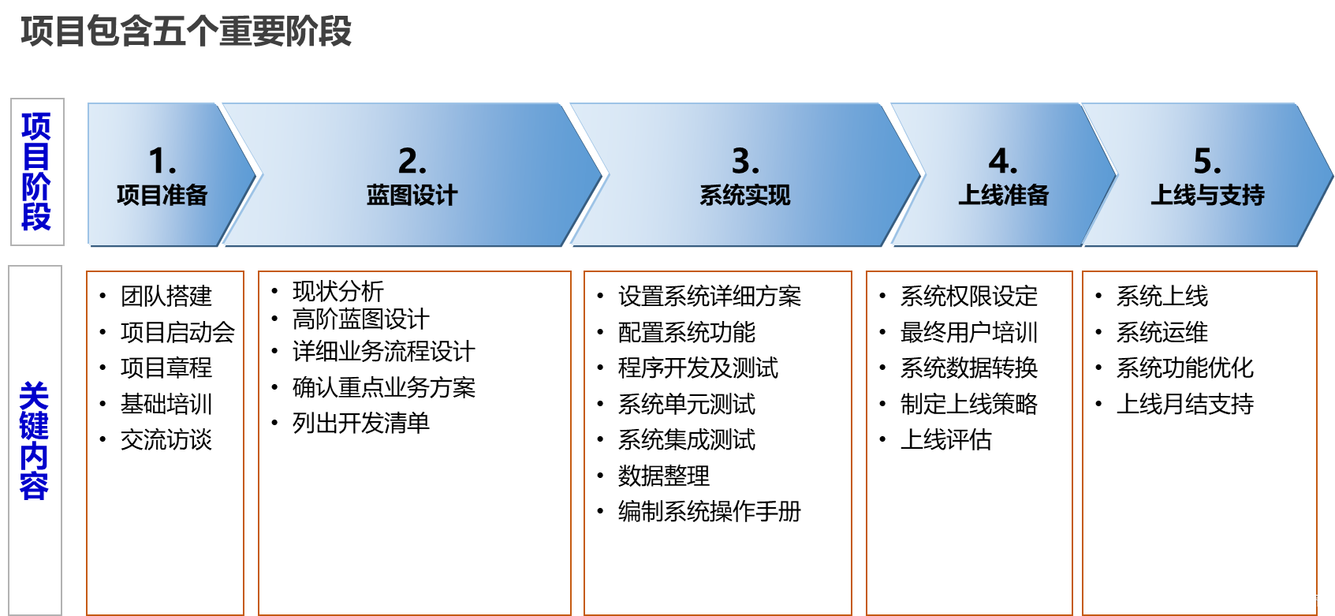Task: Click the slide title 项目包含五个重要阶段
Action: point(186,32)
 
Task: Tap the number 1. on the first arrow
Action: point(162,161)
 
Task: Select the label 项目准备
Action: point(162,195)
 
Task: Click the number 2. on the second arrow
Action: point(412,161)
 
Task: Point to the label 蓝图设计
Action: point(412,195)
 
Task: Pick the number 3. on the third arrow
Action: point(745,161)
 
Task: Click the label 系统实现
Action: point(745,195)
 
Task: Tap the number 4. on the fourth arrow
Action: point(1002,161)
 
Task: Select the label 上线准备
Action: point(1003,195)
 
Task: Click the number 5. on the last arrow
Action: point(1206,161)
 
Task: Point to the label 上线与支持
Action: point(1207,195)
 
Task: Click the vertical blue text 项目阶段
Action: point(36,171)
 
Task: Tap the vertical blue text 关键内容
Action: point(34,440)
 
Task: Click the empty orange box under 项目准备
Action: point(165,442)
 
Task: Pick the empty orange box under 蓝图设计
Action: point(414,442)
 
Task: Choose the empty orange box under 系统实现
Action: point(718,442)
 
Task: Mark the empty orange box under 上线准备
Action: point(969,442)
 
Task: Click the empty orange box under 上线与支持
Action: point(1199,442)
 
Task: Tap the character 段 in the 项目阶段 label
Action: point(36,217)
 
